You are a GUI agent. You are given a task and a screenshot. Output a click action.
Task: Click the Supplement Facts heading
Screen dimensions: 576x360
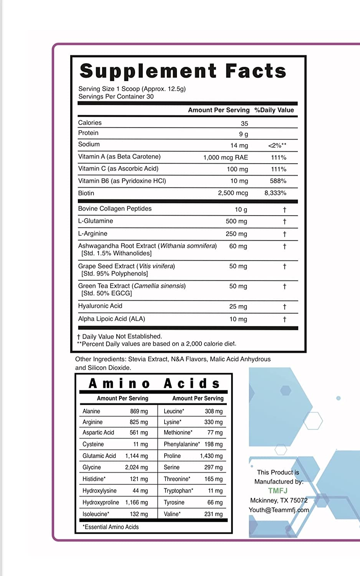coord(183,71)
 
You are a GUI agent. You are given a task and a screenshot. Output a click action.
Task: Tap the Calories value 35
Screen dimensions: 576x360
coord(244,124)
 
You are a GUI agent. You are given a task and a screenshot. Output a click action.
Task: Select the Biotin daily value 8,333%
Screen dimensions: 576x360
coord(275,193)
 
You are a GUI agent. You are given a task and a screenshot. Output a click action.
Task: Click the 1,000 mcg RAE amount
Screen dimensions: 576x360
coord(226,157)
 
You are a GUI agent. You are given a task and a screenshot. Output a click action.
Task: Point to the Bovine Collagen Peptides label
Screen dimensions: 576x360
coord(115,209)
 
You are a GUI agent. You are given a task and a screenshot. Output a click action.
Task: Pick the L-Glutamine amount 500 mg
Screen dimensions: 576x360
coord(236,221)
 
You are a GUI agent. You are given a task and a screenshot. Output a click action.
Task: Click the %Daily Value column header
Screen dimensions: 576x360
coord(274,110)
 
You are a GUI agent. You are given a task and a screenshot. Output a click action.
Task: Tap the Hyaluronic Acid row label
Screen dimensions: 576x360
coord(100,306)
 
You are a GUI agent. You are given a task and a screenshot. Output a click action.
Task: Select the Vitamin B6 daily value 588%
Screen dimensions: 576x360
coord(278,181)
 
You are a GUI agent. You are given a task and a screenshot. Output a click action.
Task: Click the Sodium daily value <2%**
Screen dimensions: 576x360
coord(277,146)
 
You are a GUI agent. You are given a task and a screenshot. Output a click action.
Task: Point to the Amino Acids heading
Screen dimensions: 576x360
coord(154,384)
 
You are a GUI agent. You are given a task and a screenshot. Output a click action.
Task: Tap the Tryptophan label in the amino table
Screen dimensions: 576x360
coord(178,491)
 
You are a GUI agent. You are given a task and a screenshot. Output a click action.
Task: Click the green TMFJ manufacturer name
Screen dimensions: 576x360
coord(278,491)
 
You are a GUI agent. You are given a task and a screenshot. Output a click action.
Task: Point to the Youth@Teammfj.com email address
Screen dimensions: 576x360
coord(279,510)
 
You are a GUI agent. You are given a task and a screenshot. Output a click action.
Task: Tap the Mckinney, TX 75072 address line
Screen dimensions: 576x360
coord(279,500)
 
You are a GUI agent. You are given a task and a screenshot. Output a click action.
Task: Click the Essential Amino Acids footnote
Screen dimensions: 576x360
coord(111,527)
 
